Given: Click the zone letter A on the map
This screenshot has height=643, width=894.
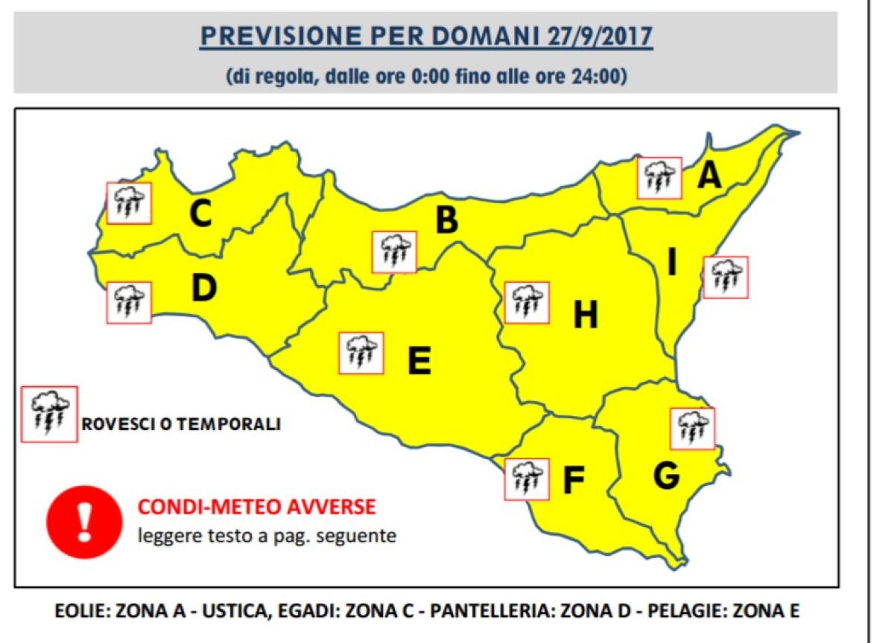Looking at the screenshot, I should coord(710,176).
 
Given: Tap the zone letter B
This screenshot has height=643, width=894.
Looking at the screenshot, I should coord(446,220).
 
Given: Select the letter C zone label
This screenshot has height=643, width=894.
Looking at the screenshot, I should coord(200,214).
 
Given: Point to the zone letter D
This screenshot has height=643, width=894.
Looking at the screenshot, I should coord(203,289).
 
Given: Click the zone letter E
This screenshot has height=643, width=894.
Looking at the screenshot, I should coord(419,362).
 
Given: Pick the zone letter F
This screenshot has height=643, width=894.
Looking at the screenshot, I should coord(572,481).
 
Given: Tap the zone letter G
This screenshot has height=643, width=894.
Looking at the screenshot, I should coord(666,476).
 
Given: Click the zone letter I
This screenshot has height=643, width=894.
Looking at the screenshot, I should coord(671,263).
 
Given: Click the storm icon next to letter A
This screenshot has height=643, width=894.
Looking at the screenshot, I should coord(659,178).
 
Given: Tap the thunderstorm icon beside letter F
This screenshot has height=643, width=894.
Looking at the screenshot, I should coord(527,479).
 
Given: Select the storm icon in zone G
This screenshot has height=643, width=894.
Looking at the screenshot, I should coord(692,429).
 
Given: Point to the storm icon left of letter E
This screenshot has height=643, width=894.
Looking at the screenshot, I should coord(361,353).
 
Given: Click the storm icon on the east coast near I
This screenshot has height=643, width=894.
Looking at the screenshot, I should coord(725,278).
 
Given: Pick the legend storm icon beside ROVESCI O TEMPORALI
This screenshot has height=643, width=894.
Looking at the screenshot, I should coord(50,414).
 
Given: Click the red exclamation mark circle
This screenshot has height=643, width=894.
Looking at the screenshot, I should coord(84,520).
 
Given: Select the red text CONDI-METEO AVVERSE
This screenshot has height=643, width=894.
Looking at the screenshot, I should coord(256,508).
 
